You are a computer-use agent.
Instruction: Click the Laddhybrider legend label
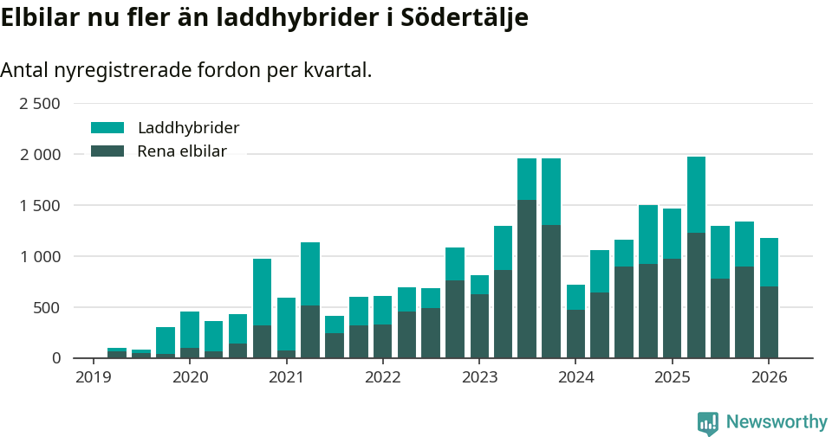tap(188, 128)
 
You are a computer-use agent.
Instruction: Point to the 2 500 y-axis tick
tap(40, 104)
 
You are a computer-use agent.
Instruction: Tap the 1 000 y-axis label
tap(40, 257)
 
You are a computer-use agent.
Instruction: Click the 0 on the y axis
tap(56, 358)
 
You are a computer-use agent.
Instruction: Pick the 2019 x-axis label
tap(94, 377)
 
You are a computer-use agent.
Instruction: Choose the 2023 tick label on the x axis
tap(479, 377)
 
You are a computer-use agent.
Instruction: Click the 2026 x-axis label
tap(769, 377)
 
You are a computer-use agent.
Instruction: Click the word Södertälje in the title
tap(465, 18)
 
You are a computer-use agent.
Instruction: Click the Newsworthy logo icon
tap(707, 422)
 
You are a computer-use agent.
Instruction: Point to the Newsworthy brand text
tap(777, 422)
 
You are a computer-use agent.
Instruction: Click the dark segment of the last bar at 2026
tap(769, 322)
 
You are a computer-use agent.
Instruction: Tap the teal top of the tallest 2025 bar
tap(696, 195)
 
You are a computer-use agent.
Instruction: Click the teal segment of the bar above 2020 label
tap(190, 330)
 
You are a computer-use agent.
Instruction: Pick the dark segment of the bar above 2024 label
tap(575, 334)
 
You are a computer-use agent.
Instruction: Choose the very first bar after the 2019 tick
tap(117, 353)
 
